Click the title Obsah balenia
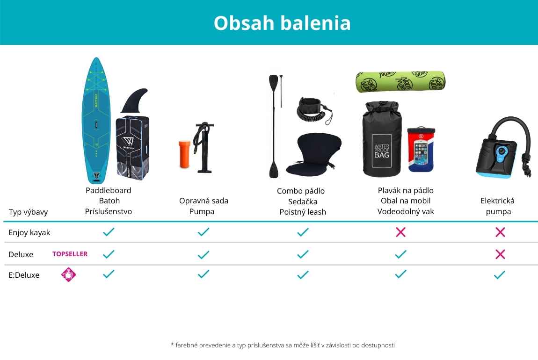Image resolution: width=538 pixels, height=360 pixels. pyautogui.click(x=282, y=23)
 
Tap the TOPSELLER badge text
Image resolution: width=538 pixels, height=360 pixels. pyautogui.click(x=70, y=254)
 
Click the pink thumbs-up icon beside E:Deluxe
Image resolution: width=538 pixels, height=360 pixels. pyautogui.click(x=68, y=274)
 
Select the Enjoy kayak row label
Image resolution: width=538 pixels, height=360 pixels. pyautogui.click(x=29, y=233)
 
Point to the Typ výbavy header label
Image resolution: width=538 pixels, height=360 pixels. pyautogui.click(x=28, y=212)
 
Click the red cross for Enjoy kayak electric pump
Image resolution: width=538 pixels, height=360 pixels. pyautogui.click(x=500, y=232)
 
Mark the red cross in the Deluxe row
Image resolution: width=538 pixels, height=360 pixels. pyautogui.click(x=500, y=254)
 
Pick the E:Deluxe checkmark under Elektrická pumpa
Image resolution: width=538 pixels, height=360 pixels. pyautogui.click(x=500, y=274)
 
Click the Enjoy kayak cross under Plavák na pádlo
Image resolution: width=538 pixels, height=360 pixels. pyautogui.click(x=400, y=232)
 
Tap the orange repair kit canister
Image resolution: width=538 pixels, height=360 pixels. pyautogui.click(x=184, y=154)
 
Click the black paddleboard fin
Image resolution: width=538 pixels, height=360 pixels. pyautogui.click(x=134, y=101)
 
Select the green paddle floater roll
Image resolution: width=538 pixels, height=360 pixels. pyautogui.click(x=400, y=82)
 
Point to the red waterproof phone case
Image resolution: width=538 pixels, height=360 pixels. pyautogui.click(x=421, y=150)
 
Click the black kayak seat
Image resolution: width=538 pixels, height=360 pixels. pyautogui.click(x=314, y=154)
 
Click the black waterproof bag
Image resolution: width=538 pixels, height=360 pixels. pyautogui.click(x=382, y=139)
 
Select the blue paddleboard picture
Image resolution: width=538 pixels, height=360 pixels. pyautogui.click(x=96, y=120)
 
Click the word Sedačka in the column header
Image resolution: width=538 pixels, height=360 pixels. pyautogui.click(x=303, y=202)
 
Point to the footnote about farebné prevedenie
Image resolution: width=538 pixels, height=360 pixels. pyautogui.click(x=283, y=345)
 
